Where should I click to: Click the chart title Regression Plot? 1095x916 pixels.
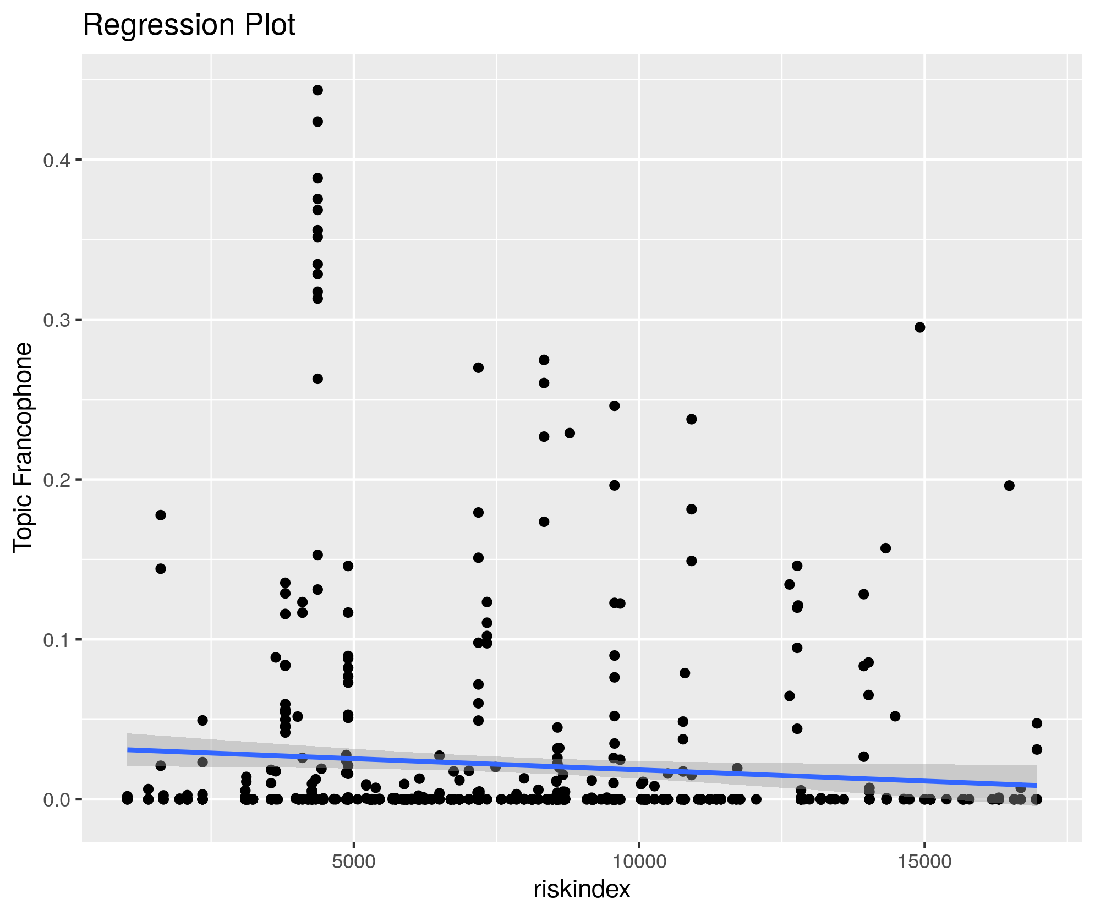pos(189,25)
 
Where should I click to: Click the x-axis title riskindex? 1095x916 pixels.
pos(582,890)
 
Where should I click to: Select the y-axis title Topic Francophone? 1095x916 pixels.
pos(23,447)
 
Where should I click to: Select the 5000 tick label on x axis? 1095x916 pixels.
pos(354,861)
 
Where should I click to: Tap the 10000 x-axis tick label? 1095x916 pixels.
pos(639,861)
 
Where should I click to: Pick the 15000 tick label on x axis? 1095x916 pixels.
pos(924,861)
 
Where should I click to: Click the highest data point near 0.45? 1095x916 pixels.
pos(317,90)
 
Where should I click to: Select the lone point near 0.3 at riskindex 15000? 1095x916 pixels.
pos(919,327)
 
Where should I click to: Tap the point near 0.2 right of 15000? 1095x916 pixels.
pos(1009,485)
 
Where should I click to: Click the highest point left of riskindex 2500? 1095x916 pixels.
pos(161,515)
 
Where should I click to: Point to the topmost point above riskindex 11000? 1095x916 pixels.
pos(692,419)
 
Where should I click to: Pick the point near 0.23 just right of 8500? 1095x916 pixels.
pos(570,433)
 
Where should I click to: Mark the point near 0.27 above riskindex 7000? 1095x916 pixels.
pos(478,368)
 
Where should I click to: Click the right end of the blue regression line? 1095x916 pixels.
pos(1037,785)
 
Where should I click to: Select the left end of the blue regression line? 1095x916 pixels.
pos(128,749)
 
